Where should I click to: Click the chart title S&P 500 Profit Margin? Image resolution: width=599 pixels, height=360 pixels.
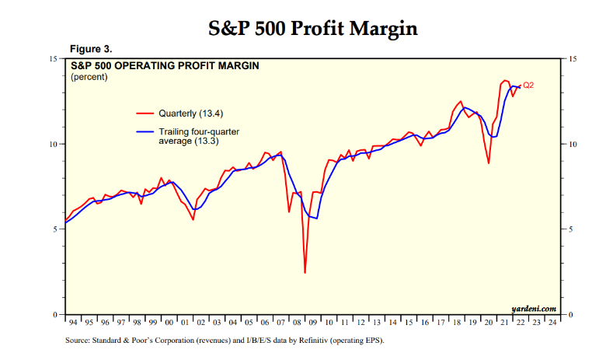pyautogui.click(x=313, y=29)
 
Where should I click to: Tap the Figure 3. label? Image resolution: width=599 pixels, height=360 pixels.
pyautogui.click(x=91, y=49)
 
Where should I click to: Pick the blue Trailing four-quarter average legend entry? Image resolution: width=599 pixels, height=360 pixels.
pyautogui.click(x=186, y=137)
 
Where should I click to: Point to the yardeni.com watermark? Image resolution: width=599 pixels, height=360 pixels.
pyautogui.click(x=535, y=309)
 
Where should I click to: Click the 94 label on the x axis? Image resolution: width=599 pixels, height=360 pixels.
pyautogui.click(x=73, y=322)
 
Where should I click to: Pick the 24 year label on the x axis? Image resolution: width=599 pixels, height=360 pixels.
pyautogui.click(x=552, y=322)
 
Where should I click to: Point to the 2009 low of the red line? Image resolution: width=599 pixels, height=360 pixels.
pyautogui.click(x=305, y=272)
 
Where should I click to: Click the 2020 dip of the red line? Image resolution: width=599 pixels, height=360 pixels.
pyautogui.click(x=489, y=163)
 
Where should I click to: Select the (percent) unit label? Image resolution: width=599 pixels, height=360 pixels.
pyautogui.click(x=89, y=77)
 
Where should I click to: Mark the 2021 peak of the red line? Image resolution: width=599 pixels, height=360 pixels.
pyautogui.click(x=505, y=80)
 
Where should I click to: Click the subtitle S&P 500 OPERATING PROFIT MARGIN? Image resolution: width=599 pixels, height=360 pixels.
pyautogui.click(x=165, y=66)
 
